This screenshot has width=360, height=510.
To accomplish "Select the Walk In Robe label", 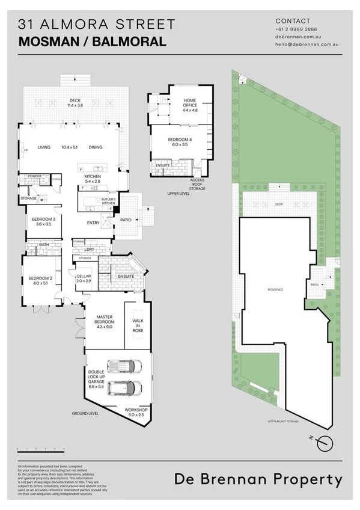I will point(137,325).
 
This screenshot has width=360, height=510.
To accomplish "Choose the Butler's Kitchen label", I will point(108,201).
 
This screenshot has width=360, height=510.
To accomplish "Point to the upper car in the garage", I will point(124,365).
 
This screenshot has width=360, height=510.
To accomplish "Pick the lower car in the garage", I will point(126,388).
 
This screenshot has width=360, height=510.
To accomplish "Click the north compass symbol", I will point(325,442).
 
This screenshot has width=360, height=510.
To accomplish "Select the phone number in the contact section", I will point(296,29).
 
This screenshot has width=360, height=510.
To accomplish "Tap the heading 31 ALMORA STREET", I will point(97,25).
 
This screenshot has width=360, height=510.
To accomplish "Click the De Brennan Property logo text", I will point(259,479).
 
